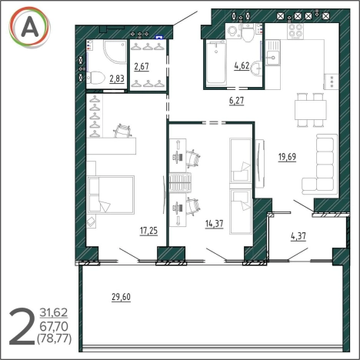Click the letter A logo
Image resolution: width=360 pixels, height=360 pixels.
coord(29,27)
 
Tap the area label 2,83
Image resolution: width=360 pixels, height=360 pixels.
coord(117,78)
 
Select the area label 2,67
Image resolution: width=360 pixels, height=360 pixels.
coord(142,66)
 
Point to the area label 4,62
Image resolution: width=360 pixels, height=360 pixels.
coord(242,65)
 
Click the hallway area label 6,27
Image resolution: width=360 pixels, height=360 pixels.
coord(236,101)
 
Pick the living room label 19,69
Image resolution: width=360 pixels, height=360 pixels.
coord(287,156)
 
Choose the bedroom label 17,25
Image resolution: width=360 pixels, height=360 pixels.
coord(148,231)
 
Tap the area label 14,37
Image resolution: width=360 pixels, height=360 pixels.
coord(214,224)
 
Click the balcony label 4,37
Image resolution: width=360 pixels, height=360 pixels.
coord(298,236)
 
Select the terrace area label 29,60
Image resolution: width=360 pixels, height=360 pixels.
coord(121,297)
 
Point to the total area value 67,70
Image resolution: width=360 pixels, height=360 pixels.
coord(54,326)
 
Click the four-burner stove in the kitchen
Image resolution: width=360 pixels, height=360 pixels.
coord(295,31)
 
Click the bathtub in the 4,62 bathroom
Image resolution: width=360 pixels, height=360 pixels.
coord(216,62)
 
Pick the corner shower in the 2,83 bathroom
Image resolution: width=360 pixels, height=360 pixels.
coord(115,52)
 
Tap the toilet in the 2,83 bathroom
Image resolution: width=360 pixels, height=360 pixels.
coord(95,77)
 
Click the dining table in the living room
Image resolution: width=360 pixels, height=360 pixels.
coord(311,110)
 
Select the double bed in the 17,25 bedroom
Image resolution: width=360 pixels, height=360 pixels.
coord(111,195)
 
